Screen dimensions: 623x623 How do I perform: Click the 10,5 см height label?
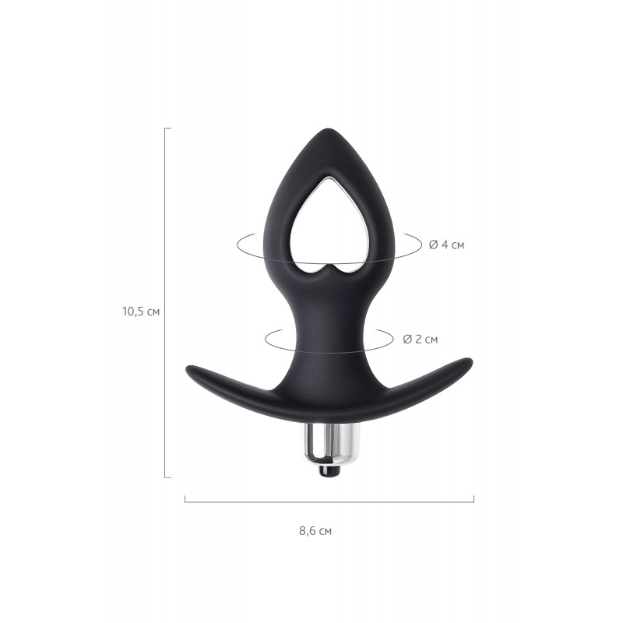(x=141, y=311)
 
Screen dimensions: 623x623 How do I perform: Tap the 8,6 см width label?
(x=315, y=531)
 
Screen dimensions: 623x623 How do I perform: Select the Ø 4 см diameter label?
(x=446, y=245)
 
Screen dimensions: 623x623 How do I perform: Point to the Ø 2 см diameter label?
(x=421, y=340)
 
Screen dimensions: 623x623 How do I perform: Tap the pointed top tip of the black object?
(x=329, y=129)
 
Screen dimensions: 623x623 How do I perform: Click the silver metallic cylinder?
(x=327, y=445)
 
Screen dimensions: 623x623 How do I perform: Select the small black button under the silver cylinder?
(x=329, y=472)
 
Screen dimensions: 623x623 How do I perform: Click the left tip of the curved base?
(x=187, y=370)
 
